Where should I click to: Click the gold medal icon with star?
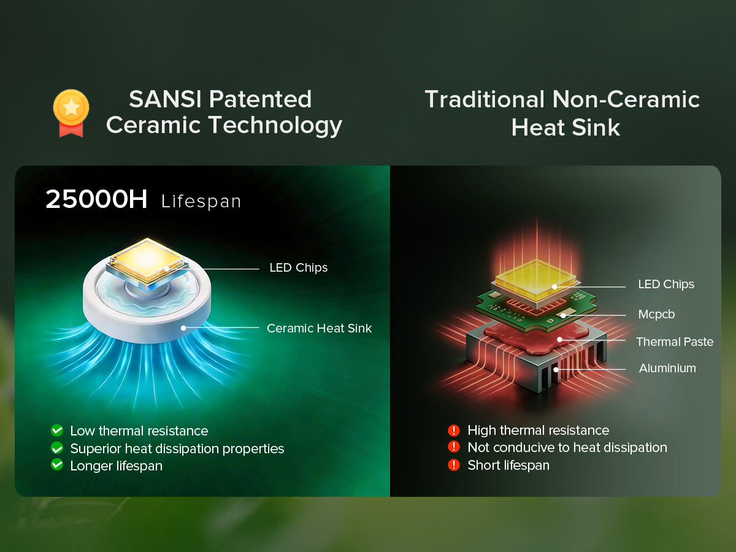tap(71, 113)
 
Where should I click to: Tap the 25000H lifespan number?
tap(96, 199)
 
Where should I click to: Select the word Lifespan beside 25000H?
tap(201, 201)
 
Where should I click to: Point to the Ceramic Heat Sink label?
tap(319, 328)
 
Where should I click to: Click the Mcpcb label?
tap(656, 315)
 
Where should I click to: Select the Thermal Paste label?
tap(675, 342)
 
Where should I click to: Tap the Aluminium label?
tap(667, 368)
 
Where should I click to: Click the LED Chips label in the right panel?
tap(666, 284)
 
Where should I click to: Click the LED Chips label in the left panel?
tap(299, 268)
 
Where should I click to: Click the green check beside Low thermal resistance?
tap(57, 431)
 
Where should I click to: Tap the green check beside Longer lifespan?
tap(57, 464)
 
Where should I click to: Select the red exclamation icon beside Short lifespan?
tap(454, 465)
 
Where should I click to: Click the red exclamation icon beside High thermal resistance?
tap(454, 431)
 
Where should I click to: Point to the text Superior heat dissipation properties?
tap(177, 449)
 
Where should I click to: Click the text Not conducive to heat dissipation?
tap(567, 448)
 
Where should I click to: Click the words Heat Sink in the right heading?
tap(565, 128)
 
